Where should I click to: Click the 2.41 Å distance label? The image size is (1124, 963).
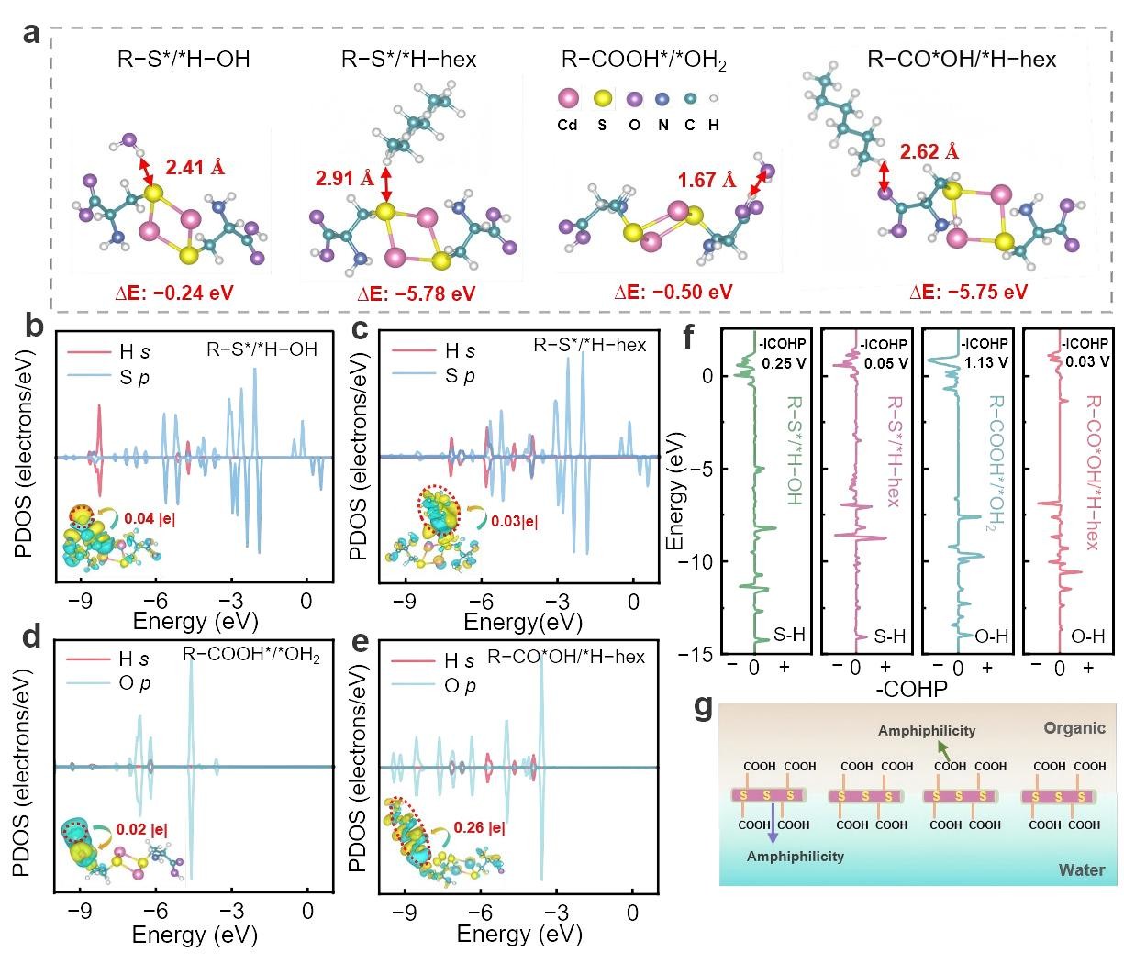[x=195, y=167]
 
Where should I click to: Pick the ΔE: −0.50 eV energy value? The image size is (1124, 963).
[x=673, y=292]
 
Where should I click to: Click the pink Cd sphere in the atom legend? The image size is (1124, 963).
[x=568, y=98]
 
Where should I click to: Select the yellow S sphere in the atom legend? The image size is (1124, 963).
[x=602, y=98]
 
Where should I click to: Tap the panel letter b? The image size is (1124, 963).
[x=35, y=327]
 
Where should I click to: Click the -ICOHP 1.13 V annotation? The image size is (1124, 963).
[x=985, y=353]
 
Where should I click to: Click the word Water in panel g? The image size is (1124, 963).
[x=1083, y=869]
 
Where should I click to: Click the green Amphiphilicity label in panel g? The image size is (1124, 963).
[x=926, y=731]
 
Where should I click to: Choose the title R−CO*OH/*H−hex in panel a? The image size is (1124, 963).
[x=961, y=60]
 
